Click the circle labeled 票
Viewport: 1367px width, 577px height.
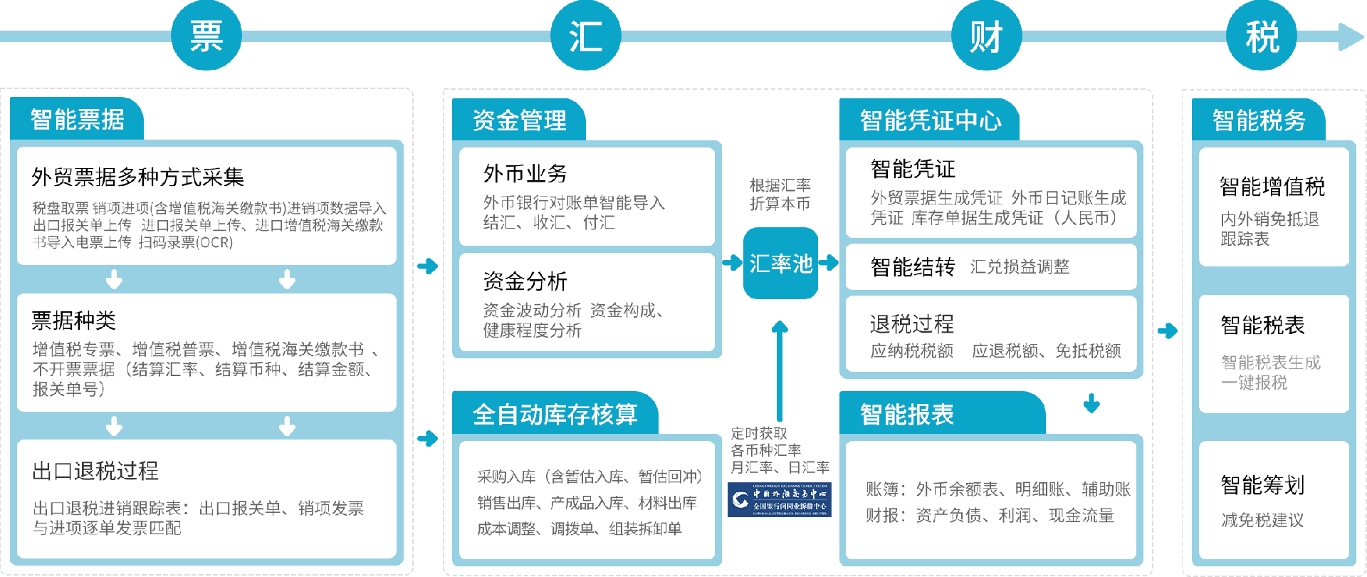(x=206, y=36)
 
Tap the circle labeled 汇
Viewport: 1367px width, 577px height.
(x=586, y=36)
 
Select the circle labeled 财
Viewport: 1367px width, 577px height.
(x=987, y=36)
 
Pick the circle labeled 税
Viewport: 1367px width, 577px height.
(x=1262, y=36)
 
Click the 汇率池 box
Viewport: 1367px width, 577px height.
(x=780, y=264)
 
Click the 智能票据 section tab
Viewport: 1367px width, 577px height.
(x=77, y=119)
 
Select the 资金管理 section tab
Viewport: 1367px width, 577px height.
(x=519, y=120)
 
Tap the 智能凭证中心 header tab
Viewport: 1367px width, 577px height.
(x=930, y=120)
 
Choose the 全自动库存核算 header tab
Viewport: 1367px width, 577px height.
(x=555, y=414)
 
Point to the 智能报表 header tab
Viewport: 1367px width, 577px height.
(x=906, y=414)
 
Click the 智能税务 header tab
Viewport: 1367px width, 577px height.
(x=1258, y=120)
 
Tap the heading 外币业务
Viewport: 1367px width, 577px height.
(x=525, y=173)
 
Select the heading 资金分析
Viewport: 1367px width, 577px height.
(x=525, y=281)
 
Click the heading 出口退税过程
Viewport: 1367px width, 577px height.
(x=95, y=471)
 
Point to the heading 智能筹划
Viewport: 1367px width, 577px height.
(x=1262, y=485)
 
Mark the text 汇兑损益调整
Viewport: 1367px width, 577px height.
(x=1020, y=267)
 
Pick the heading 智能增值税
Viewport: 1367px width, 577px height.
(x=1272, y=187)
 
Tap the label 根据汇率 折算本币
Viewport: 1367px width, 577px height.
(x=780, y=194)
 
